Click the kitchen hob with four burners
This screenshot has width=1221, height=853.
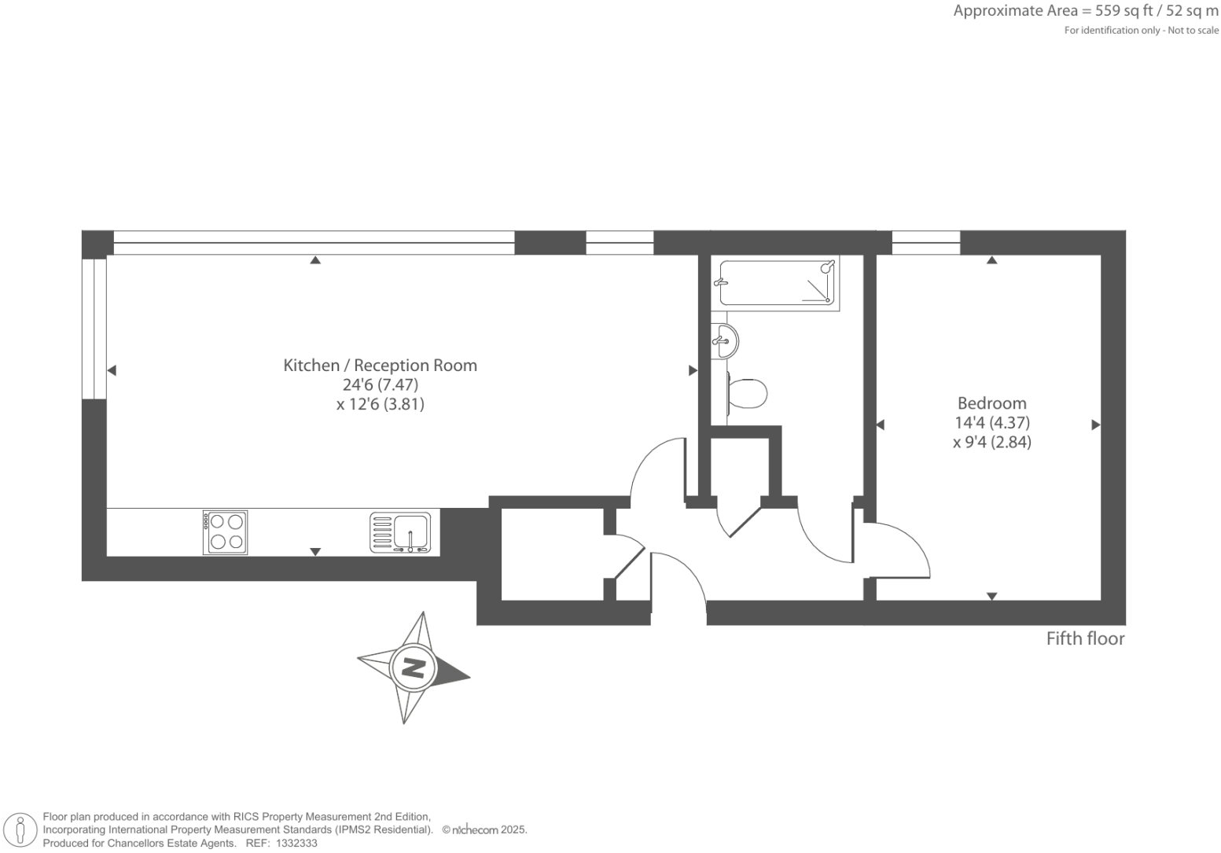226,532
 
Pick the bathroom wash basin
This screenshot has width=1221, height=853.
724,340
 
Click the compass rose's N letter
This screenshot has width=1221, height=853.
414,667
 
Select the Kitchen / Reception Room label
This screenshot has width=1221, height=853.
380,366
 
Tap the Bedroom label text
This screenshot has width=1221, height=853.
991,403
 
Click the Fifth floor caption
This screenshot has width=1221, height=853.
1084,638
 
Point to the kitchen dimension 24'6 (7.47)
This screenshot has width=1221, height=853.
380,385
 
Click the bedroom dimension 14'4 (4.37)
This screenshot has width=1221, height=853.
991,423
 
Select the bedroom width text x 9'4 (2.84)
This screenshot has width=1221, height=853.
991,442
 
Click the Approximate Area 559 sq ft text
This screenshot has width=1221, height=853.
1085,12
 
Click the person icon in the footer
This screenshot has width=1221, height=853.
21,830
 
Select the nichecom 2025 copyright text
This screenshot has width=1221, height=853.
484,830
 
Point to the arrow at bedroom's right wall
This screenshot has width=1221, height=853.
1095,425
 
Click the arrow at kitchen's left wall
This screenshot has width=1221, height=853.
112,370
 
